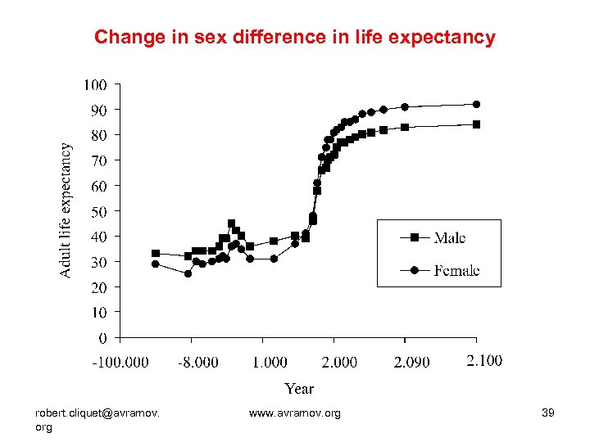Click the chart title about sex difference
(295, 38)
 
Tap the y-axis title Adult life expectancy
(66, 210)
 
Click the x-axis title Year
(299, 388)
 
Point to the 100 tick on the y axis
(95, 84)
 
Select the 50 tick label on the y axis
(98, 211)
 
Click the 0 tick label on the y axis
(102, 338)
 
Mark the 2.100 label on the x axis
(484, 360)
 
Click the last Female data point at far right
(476, 104)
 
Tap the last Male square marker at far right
(476, 124)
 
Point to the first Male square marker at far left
(156, 254)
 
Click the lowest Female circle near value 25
(188, 274)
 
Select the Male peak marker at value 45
(231, 223)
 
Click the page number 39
(548, 413)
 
